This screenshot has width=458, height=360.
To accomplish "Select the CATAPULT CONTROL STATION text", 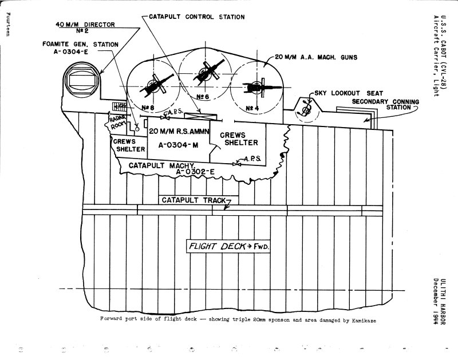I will tap(188, 17).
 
